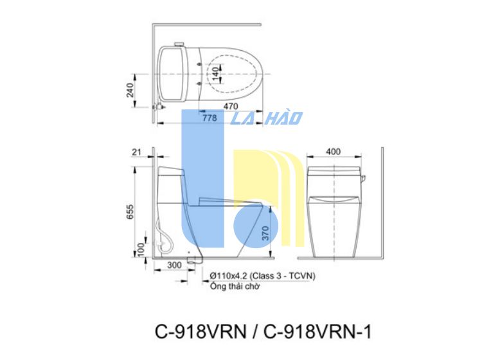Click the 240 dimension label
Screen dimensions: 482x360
tap(130, 90)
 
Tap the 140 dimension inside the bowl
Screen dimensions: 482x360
tap(215, 74)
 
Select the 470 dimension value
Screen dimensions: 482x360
tap(230, 106)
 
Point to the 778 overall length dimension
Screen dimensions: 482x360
tap(210, 118)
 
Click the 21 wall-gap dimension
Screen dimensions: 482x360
tap(136, 152)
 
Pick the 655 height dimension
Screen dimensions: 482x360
tap(130, 212)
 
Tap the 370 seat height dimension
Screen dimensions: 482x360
tap(265, 233)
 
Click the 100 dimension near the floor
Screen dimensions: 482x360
tap(141, 249)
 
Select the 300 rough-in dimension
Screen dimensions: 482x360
tap(174, 265)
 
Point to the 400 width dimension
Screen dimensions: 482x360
tap(333, 151)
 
